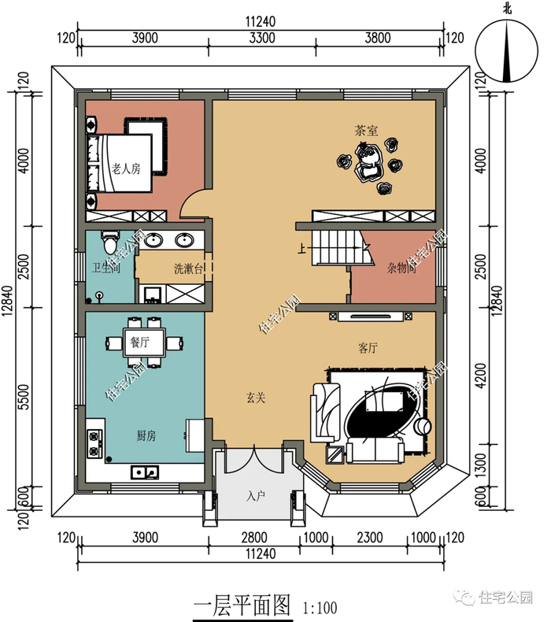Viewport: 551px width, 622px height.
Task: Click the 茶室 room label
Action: point(366,131)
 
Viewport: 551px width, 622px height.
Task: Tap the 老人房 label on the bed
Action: point(126,169)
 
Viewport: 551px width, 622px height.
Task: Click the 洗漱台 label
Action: point(188,269)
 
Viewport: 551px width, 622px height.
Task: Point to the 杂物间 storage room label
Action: point(402,268)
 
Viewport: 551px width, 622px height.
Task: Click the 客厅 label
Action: point(368,348)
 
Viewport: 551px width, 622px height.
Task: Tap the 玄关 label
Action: point(256,398)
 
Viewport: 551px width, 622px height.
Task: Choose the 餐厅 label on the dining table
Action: point(140,342)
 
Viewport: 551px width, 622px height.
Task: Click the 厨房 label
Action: point(146,436)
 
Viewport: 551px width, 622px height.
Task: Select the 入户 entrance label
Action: point(256,496)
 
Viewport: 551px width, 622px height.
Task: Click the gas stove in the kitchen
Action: point(94,443)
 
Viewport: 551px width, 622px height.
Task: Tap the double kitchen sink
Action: point(145,472)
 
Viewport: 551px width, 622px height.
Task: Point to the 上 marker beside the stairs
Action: point(302,249)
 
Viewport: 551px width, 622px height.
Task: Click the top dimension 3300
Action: point(262,38)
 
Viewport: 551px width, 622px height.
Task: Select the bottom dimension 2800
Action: point(254,538)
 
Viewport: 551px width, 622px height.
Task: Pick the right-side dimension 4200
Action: point(480,376)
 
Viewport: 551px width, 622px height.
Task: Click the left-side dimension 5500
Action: point(24,397)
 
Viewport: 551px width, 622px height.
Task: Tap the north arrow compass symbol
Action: point(507,51)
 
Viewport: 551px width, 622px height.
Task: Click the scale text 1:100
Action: point(320,608)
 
